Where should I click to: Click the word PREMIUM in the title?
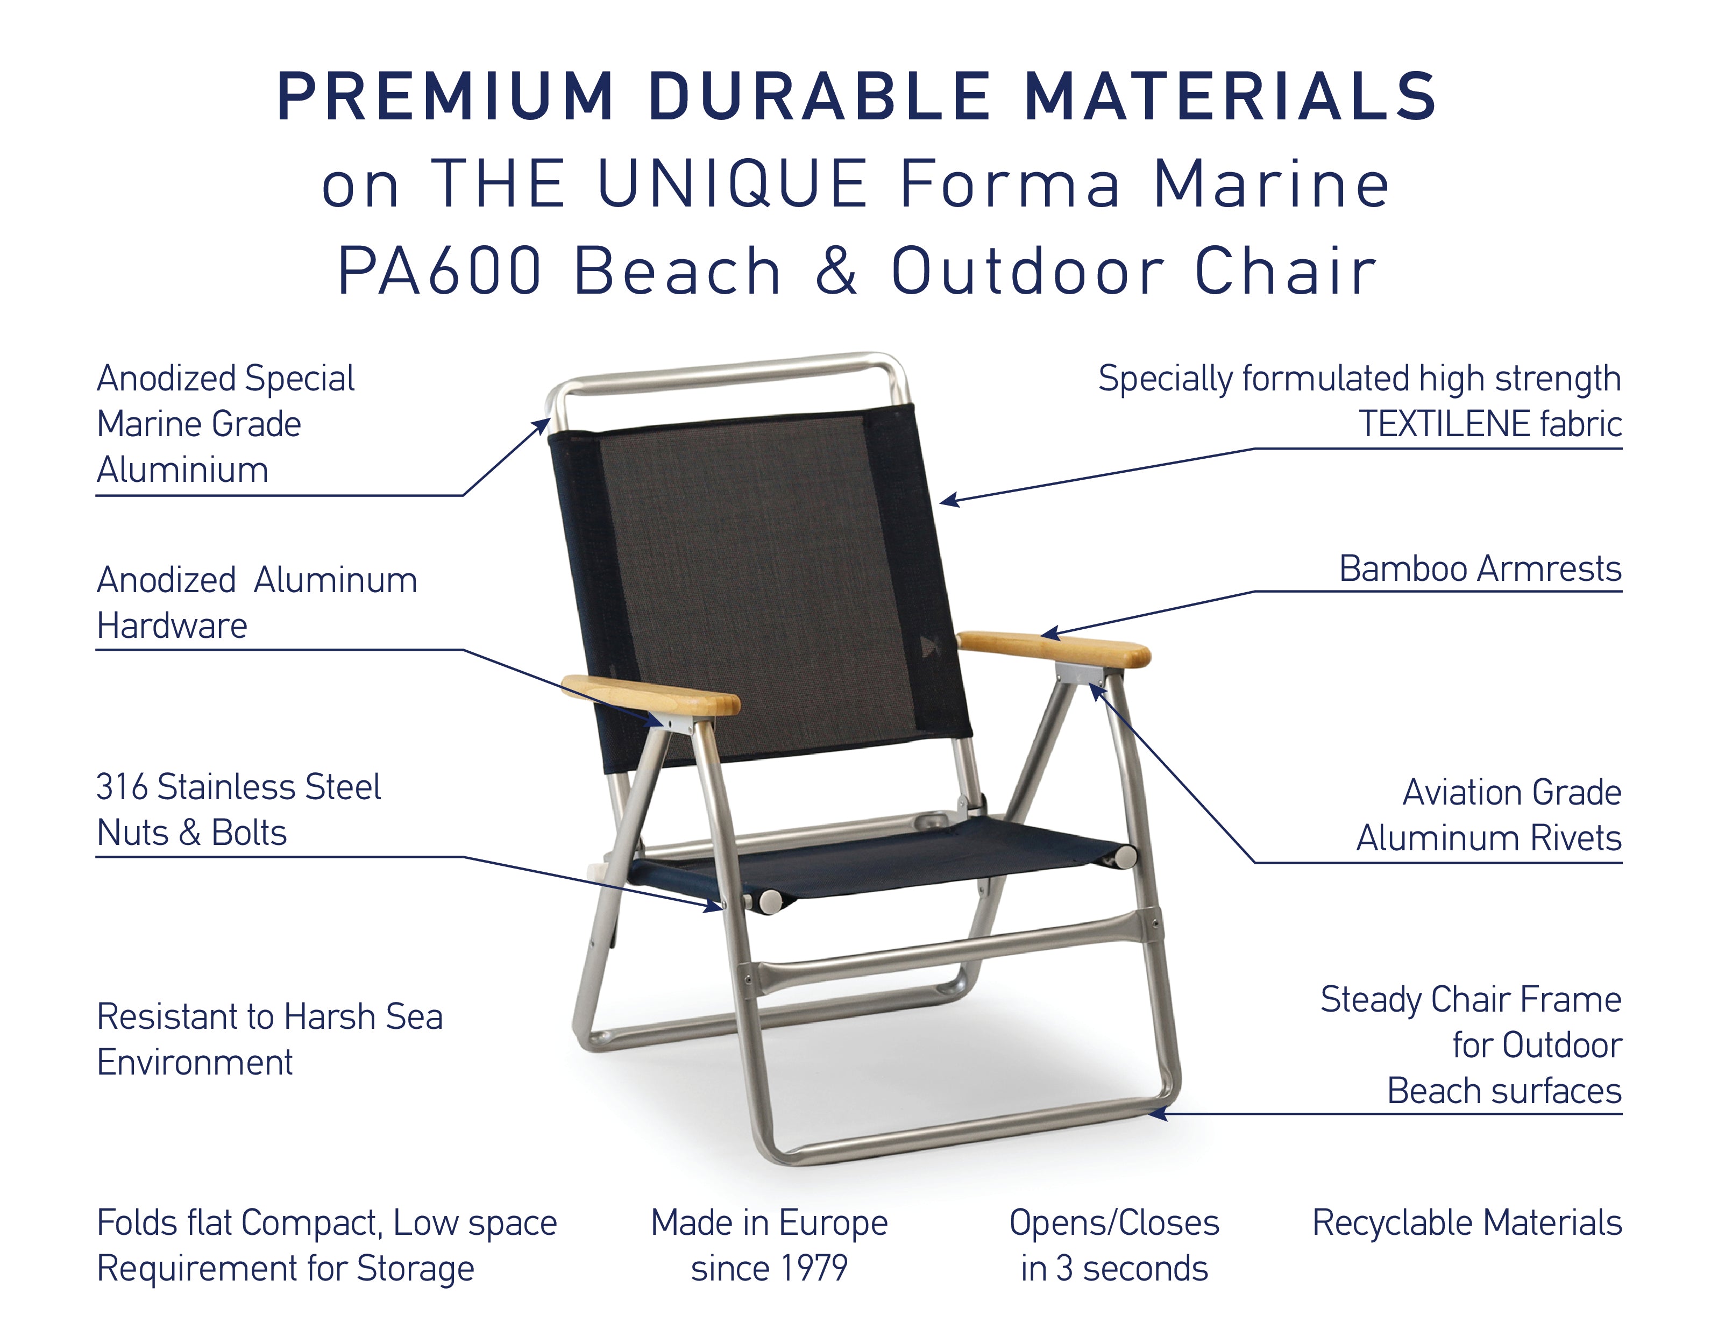point(444,97)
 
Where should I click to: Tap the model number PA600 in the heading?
point(439,271)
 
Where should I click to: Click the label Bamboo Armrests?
point(1480,568)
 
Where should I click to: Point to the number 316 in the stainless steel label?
point(122,787)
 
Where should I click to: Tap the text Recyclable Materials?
point(1466,1223)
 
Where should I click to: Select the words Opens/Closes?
point(1114,1223)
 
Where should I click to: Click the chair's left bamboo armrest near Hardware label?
point(651,695)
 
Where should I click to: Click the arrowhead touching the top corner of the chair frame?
point(542,425)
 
